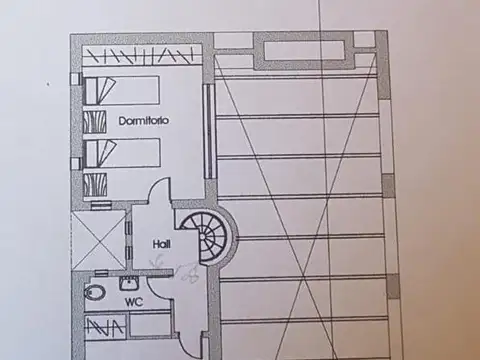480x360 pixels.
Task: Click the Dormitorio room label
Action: point(143,120)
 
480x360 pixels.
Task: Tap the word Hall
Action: point(161,243)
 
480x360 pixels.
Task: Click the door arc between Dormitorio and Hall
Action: point(160,200)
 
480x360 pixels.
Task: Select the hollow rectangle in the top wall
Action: point(303,48)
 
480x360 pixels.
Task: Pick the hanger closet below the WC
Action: point(105,326)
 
